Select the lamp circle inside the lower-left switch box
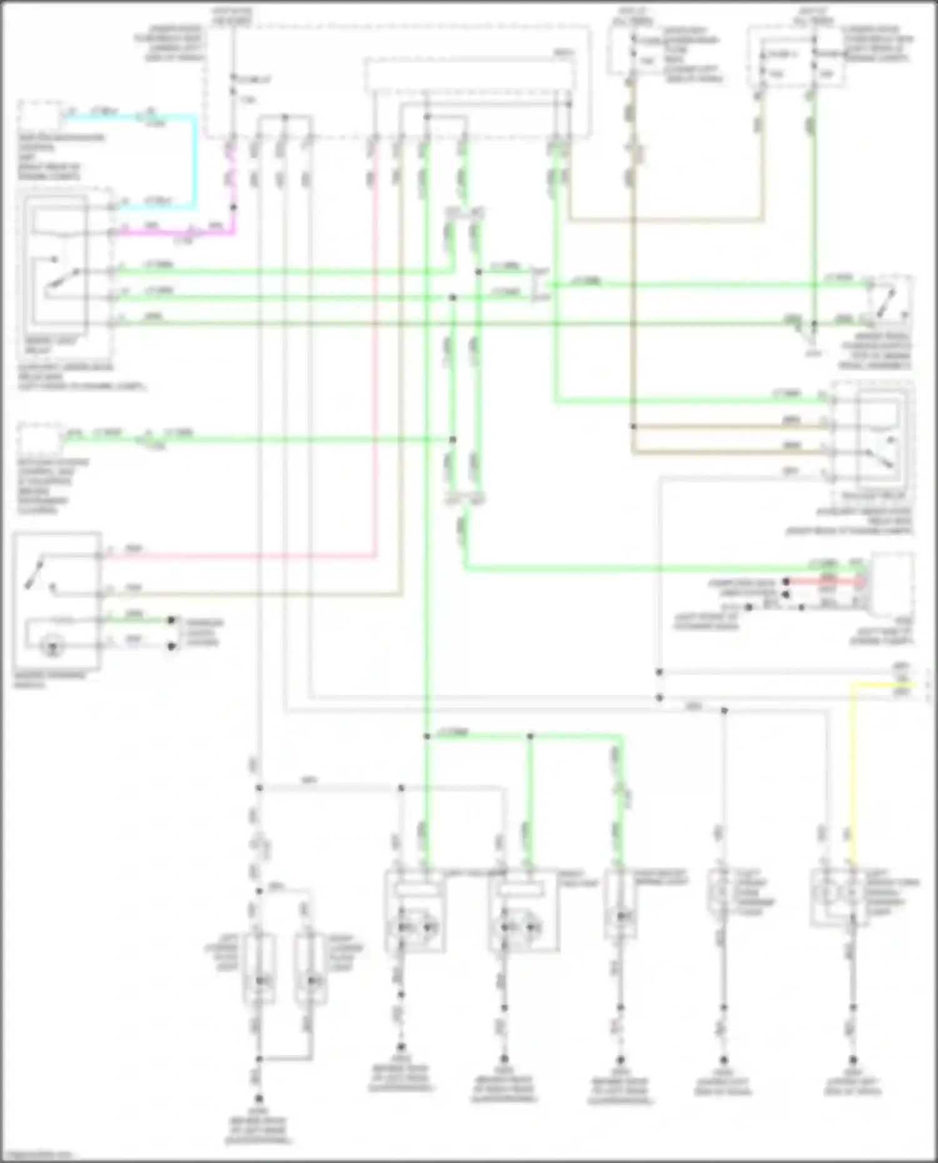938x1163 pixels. (53, 648)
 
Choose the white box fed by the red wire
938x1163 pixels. (891, 584)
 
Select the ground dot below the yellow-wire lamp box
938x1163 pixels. (853, 1061)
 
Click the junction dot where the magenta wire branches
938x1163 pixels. (234, 207)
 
